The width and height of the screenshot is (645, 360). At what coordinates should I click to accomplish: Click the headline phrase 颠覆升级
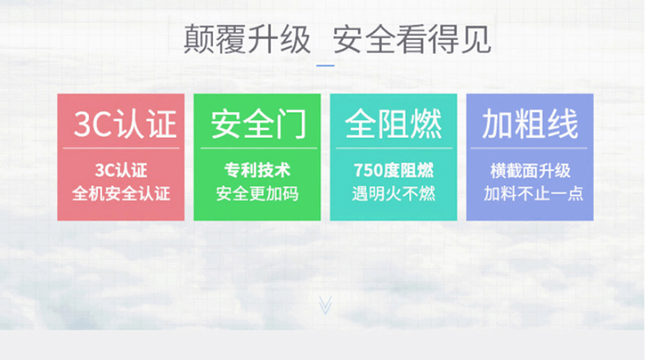click(x=247, y=39)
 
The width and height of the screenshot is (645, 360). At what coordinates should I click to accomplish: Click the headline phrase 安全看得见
click(x=411, y=39)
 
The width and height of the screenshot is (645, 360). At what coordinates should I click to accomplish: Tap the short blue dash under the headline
click(x=326, y=65)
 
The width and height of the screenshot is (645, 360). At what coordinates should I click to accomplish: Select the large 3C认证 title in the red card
click(x=125, y=124)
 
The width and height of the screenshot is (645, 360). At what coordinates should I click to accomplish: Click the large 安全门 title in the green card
click(x=259, y=124)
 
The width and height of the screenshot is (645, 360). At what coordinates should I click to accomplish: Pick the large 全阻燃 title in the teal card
click(x=394, y=124)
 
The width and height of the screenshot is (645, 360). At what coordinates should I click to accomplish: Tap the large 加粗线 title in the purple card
click(x=530, y=124)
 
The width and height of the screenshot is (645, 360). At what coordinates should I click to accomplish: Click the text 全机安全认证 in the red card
click(x=121, y=193)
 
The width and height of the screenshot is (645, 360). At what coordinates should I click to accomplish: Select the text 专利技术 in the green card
click(x=257, y=171)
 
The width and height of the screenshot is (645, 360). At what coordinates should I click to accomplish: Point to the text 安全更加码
click(x=257, y=193)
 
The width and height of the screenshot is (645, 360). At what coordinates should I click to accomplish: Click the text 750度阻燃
click(x=394, y=171)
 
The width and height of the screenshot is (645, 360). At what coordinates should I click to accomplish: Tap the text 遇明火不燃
click(x=394, y=193)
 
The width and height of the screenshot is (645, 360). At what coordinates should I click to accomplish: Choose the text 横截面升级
click(x=530, y=171)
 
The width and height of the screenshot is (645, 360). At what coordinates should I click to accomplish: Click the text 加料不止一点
click(x=533, y=193)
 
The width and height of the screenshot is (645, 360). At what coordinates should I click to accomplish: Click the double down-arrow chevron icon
click(x=325, y=305)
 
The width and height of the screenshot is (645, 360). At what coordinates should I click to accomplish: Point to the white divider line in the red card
click(x=121, y=148)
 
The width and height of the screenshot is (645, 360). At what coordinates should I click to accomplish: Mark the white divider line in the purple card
click(x=529, y=148)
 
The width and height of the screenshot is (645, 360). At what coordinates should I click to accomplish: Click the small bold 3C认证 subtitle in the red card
click(x=121, y=171)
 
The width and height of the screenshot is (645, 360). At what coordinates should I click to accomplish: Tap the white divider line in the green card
click(x=259, y=148)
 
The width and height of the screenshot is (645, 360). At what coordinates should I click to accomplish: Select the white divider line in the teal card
click(x=394, y=148)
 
